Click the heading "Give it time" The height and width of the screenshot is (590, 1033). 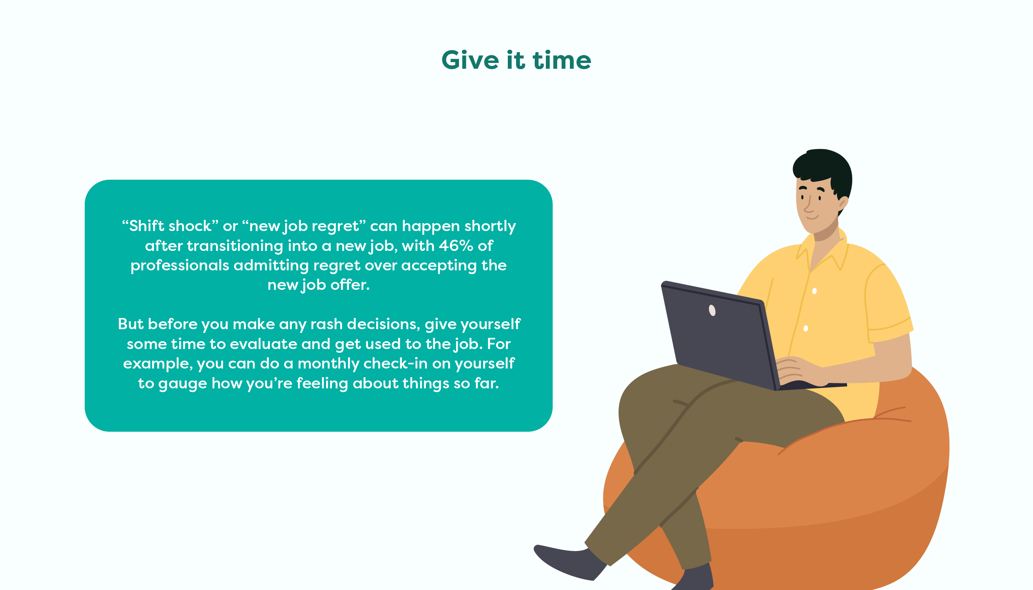point(516,60)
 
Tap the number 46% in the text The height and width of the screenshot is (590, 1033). point(456,246)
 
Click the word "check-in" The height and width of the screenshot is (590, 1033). point(396,364)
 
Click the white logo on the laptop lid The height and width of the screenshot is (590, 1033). point(712,310)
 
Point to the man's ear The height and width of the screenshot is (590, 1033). point(843,203)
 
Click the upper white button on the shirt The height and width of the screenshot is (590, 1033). point(814,291)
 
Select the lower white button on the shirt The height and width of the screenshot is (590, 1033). point(806,329)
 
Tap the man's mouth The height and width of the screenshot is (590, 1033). point(812,217)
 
